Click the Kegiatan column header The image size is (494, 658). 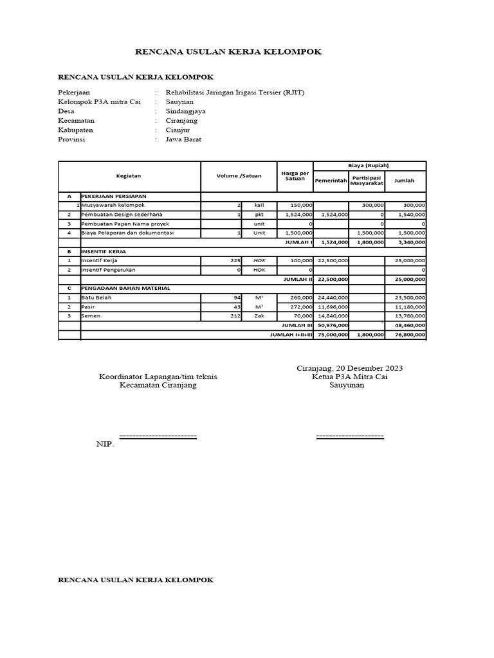(x=129, y=175)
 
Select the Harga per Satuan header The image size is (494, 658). (x=295, y=175)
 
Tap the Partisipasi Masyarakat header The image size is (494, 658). (x=367, y=181)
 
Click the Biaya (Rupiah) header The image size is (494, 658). (x=369, y=165)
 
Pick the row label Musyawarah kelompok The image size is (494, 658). (x=113, y=205)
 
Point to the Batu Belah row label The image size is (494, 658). (x=94, y=298)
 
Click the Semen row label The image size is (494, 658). (x=91, y=316)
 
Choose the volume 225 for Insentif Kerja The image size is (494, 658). (x=235, y=261)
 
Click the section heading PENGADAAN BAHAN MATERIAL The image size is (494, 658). (x=125, y=289)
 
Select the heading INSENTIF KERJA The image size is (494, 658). (x=104, y=251)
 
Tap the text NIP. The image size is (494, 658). (x=105, y=444)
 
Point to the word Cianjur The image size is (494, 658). (x=178, y=130)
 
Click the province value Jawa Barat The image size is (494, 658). (x=183, y=139)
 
